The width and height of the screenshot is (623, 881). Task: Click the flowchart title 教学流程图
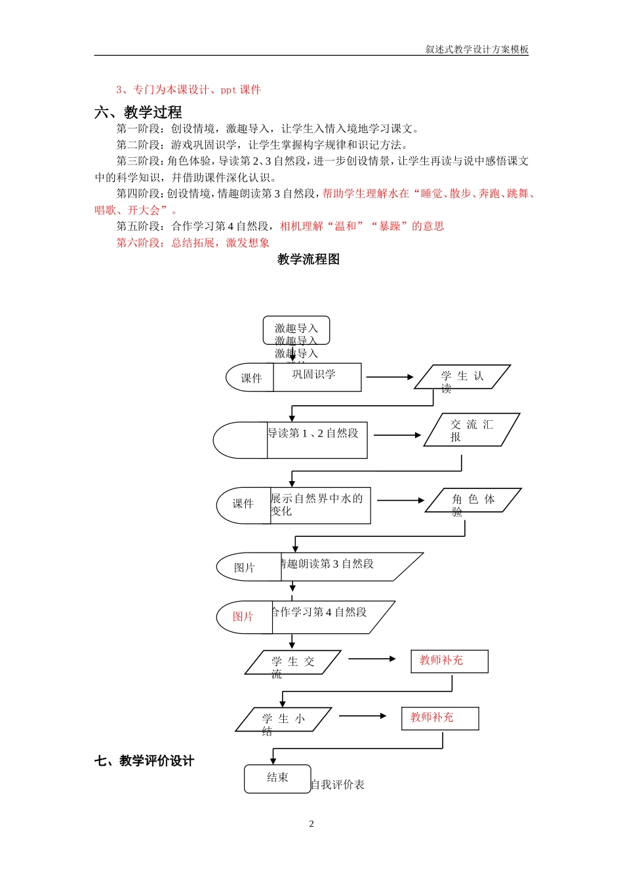[x=308, y=260]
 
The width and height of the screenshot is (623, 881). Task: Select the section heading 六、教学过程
[x=138, y=112]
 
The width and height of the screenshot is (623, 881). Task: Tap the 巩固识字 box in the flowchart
[x=317, y=377]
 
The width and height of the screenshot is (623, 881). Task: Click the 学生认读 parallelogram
[x=462, y=378]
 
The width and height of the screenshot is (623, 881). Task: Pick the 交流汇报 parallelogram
[x=472, y=430]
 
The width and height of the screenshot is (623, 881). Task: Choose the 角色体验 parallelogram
[x=473, y=501]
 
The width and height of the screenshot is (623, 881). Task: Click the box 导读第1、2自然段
[x=316, y=440]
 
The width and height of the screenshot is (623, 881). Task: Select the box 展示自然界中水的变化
[x=320, y=505]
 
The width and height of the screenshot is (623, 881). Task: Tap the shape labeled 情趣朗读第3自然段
[x=348, y=566]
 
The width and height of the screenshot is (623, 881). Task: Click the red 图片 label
[x=243, y=617]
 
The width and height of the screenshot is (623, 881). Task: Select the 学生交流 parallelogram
[x=293, y=663]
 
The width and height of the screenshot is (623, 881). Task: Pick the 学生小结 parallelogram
[x=283, y=720]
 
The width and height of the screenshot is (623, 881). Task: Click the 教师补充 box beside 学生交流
[x=449, y=661]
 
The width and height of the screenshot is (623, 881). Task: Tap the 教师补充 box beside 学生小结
[x=440, y=718]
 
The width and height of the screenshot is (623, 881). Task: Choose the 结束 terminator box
[x=277, y=778]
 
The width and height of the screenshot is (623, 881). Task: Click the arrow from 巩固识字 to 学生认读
[x=390, y=377]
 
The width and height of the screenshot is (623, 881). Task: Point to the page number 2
[x=311, y=824]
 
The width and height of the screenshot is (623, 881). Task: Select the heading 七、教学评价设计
[x=144, y=761]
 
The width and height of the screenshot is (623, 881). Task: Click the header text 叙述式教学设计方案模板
[x=477, y=49]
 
